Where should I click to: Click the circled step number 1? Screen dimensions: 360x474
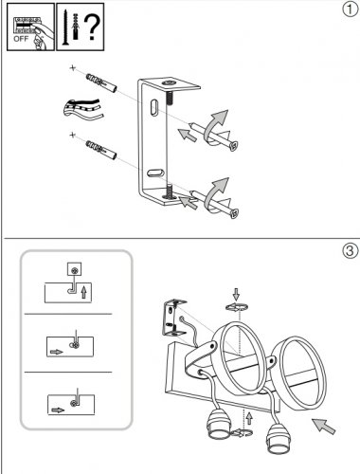350,9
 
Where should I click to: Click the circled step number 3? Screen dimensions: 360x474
350,250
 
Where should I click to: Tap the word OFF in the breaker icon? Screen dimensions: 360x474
21,39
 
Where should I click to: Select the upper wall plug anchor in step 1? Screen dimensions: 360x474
101,83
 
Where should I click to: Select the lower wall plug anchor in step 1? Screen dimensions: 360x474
101,150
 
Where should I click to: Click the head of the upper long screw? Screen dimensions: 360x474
233,146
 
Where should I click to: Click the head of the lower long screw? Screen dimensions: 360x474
234,213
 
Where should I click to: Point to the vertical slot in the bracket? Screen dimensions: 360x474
154,108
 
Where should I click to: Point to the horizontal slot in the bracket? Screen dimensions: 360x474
154,173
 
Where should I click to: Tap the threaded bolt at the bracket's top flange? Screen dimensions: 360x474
170,92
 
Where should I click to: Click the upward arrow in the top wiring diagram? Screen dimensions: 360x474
83,292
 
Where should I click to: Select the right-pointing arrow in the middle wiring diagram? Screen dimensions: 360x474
57,352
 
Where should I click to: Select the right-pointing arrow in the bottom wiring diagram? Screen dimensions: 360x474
58,410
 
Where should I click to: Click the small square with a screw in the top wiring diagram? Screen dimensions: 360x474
74,269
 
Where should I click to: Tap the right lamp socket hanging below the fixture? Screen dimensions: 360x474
278,438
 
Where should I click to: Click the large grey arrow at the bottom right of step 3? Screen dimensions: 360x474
323,426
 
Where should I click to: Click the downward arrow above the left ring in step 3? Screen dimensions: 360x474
236,294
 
